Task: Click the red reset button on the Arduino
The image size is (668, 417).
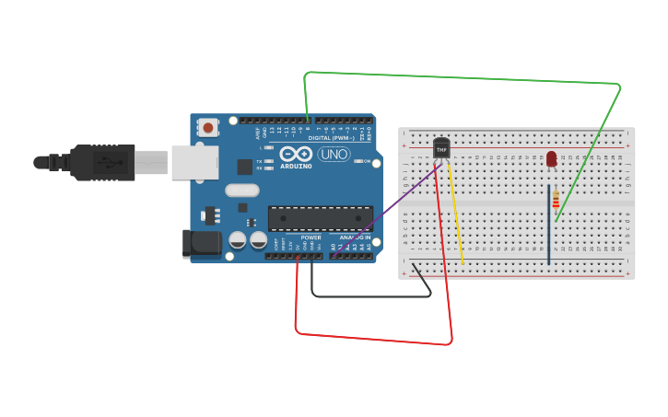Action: (208, 128)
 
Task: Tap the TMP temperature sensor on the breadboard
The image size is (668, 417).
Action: (442, 147)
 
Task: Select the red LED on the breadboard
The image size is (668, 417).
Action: (551, 159)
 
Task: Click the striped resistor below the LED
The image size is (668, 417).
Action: (555, 199)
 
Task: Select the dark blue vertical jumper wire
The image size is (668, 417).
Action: (549, 239)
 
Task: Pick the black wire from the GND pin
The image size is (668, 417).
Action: (369, 296)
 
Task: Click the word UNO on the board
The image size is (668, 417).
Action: (334, 155)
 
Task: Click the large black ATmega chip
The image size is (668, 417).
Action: (320, 218)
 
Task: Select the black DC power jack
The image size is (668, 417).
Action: (202, 243)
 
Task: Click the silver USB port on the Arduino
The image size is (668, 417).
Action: (194, 162)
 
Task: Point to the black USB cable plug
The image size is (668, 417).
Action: (101, 162)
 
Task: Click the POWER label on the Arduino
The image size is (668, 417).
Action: (311, 237)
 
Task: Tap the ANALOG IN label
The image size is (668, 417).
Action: (355, 237)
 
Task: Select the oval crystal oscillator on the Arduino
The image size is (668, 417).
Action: (241, 191)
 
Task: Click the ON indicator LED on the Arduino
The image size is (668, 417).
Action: (356, 161)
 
